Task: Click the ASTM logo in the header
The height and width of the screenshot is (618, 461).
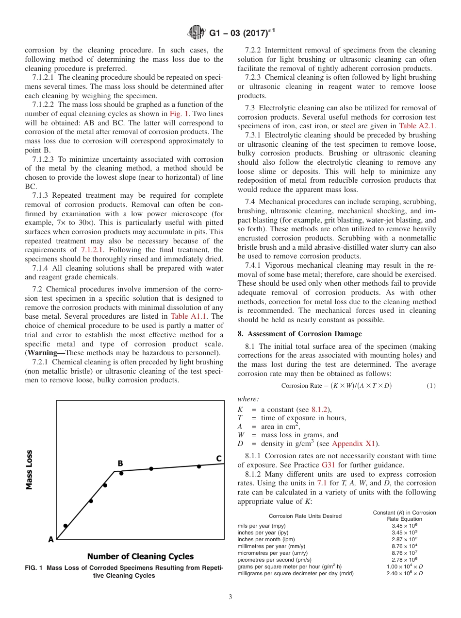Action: (197, 33)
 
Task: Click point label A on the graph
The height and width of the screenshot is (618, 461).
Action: (50, 539)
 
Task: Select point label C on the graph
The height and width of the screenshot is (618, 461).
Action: (219, 458)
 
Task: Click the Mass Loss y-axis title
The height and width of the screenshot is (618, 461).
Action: (30, 469)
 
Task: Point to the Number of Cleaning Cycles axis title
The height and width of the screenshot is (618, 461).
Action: (140, 557)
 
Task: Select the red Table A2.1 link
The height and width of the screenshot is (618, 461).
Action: (417, 126)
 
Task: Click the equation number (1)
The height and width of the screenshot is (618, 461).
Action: (431, 386)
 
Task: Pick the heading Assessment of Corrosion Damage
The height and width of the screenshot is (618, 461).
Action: (299, 334)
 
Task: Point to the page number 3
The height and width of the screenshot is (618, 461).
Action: (230, 597)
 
